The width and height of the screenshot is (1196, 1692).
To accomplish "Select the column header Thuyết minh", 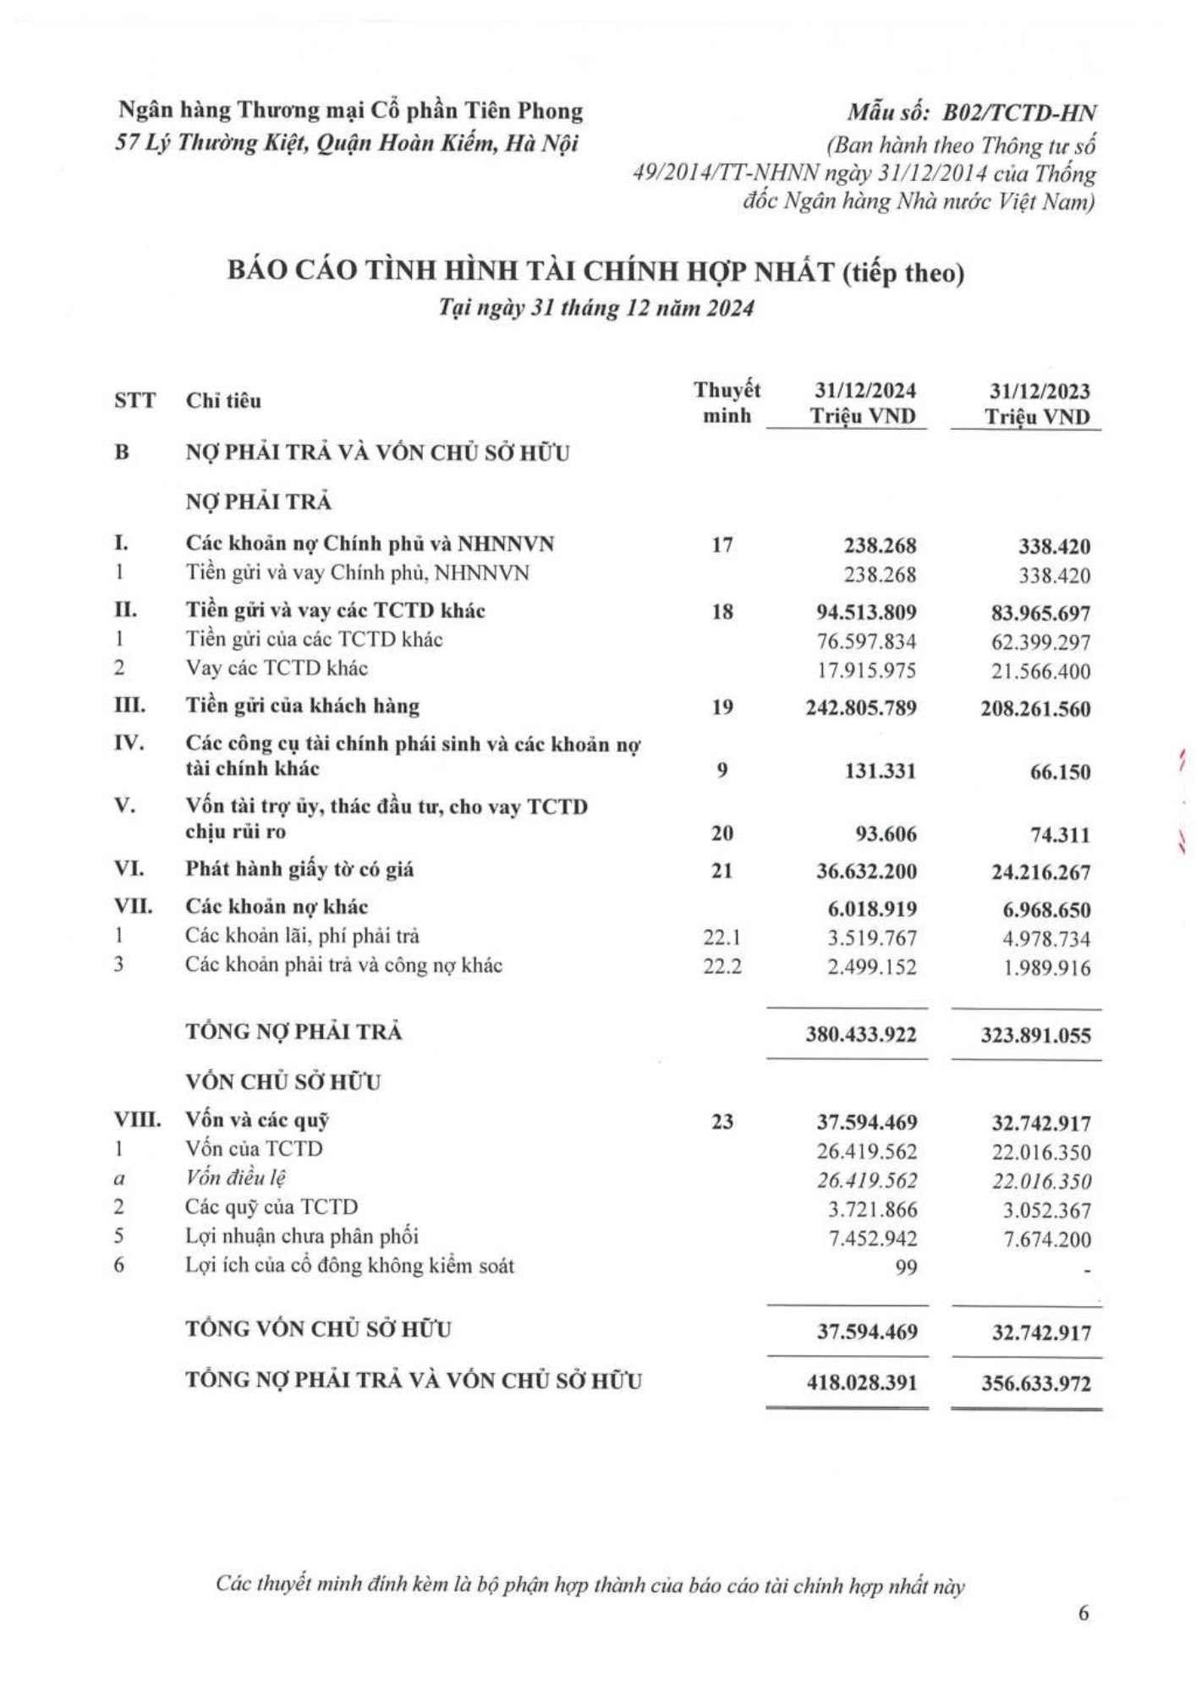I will pyautogui.click(x=727, y=403).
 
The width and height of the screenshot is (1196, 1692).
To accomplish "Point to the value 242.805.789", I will pyautogui.click(x=862, y=707).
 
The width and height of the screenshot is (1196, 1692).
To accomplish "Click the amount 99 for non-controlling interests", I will pyautogui.click(x=908, y=1267).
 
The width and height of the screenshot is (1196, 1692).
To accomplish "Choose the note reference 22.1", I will pyautogui.click(x=722, y=937).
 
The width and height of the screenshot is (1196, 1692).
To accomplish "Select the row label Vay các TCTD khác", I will pyautogui.click(x=277, y=668).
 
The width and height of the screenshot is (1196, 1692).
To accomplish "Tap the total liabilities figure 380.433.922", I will pyautogui.click(x=861, y=1034).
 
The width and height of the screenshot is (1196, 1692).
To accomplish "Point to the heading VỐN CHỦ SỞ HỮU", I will pyautogui.click(x=283, y=1082).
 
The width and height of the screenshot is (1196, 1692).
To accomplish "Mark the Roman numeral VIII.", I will pyautogui.click(x=137, y=1120).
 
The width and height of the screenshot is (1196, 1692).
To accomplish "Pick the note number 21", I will pyautogui.click(x=722, y=871).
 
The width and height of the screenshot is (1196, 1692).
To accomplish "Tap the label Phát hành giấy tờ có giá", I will pyautogui.click(x=299, y=869).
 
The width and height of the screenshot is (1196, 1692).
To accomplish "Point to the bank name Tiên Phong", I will pyautogui.click(x=538, y=111).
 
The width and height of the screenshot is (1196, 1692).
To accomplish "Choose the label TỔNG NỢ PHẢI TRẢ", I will pyautogui.click(x=294, y=1032).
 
